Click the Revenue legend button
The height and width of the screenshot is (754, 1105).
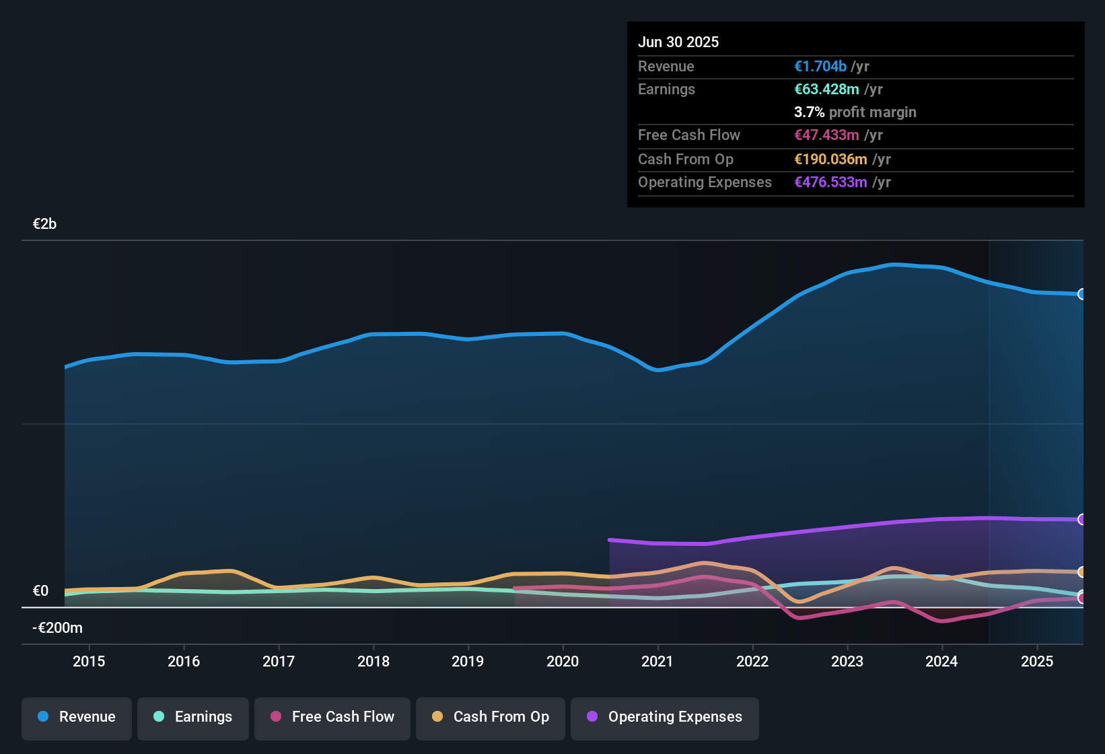pyautogui.click(x=77, y=717)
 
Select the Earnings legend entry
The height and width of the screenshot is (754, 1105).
pyautogui.click(x=193, y=717)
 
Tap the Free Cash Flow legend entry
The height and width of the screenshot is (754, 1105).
pyautogui.click(x=332, y=717)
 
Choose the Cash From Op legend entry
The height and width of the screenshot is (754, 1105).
pyautogui.click(x=491, y=717)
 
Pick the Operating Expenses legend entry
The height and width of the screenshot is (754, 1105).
pyautogui.click(x=665, y=717)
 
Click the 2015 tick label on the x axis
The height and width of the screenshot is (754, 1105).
pyautogui.click(x=89, y=661)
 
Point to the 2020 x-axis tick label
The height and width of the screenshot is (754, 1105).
pyautogui.click(x=563, y=661)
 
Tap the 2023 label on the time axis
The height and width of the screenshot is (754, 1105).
pyautogui.click(x=847, y=661)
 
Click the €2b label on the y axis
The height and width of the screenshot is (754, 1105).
pyautogui.click(x=44, y=224)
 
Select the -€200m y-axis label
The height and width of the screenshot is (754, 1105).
pyautogui.click(x=58, y=628)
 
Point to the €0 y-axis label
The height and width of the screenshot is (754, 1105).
pyautogui.click(x=41, y=591)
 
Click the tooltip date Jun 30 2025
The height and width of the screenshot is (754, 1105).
pyautogui.click(x=678, y=42)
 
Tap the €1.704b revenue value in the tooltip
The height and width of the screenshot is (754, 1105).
pyautogui.click(x=820, y=67)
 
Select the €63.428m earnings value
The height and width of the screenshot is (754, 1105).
pyautogui.click(x=826, y=90)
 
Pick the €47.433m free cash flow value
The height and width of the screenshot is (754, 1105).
pyautogui.click(x=826, y=135)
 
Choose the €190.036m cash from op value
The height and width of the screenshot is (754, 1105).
pyautogui.click(x=830, y=160)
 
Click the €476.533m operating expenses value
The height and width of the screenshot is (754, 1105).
pyautogui.click(x=830, y=182)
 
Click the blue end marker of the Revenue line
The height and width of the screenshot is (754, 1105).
pyautogui.click(x=1081, y=294)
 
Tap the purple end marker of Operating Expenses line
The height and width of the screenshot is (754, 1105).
pyautogui.click(x=1081, y=520)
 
